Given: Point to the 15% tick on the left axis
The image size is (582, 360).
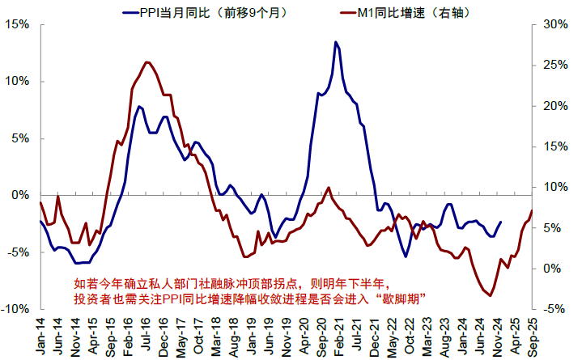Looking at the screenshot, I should tap(16, 24).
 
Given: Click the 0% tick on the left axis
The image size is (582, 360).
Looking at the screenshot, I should tap(19, 195).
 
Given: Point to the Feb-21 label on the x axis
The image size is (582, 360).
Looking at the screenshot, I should tap(338, 334).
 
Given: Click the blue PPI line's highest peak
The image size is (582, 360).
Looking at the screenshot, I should tap(335, 42).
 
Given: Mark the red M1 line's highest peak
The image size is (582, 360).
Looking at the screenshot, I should tap(147, 62).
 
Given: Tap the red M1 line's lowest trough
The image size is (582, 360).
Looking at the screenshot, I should tap(490, 296).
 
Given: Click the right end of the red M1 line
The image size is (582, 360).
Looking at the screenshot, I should tap(532, 211).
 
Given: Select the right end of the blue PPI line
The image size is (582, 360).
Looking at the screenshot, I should tap(500, 222).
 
